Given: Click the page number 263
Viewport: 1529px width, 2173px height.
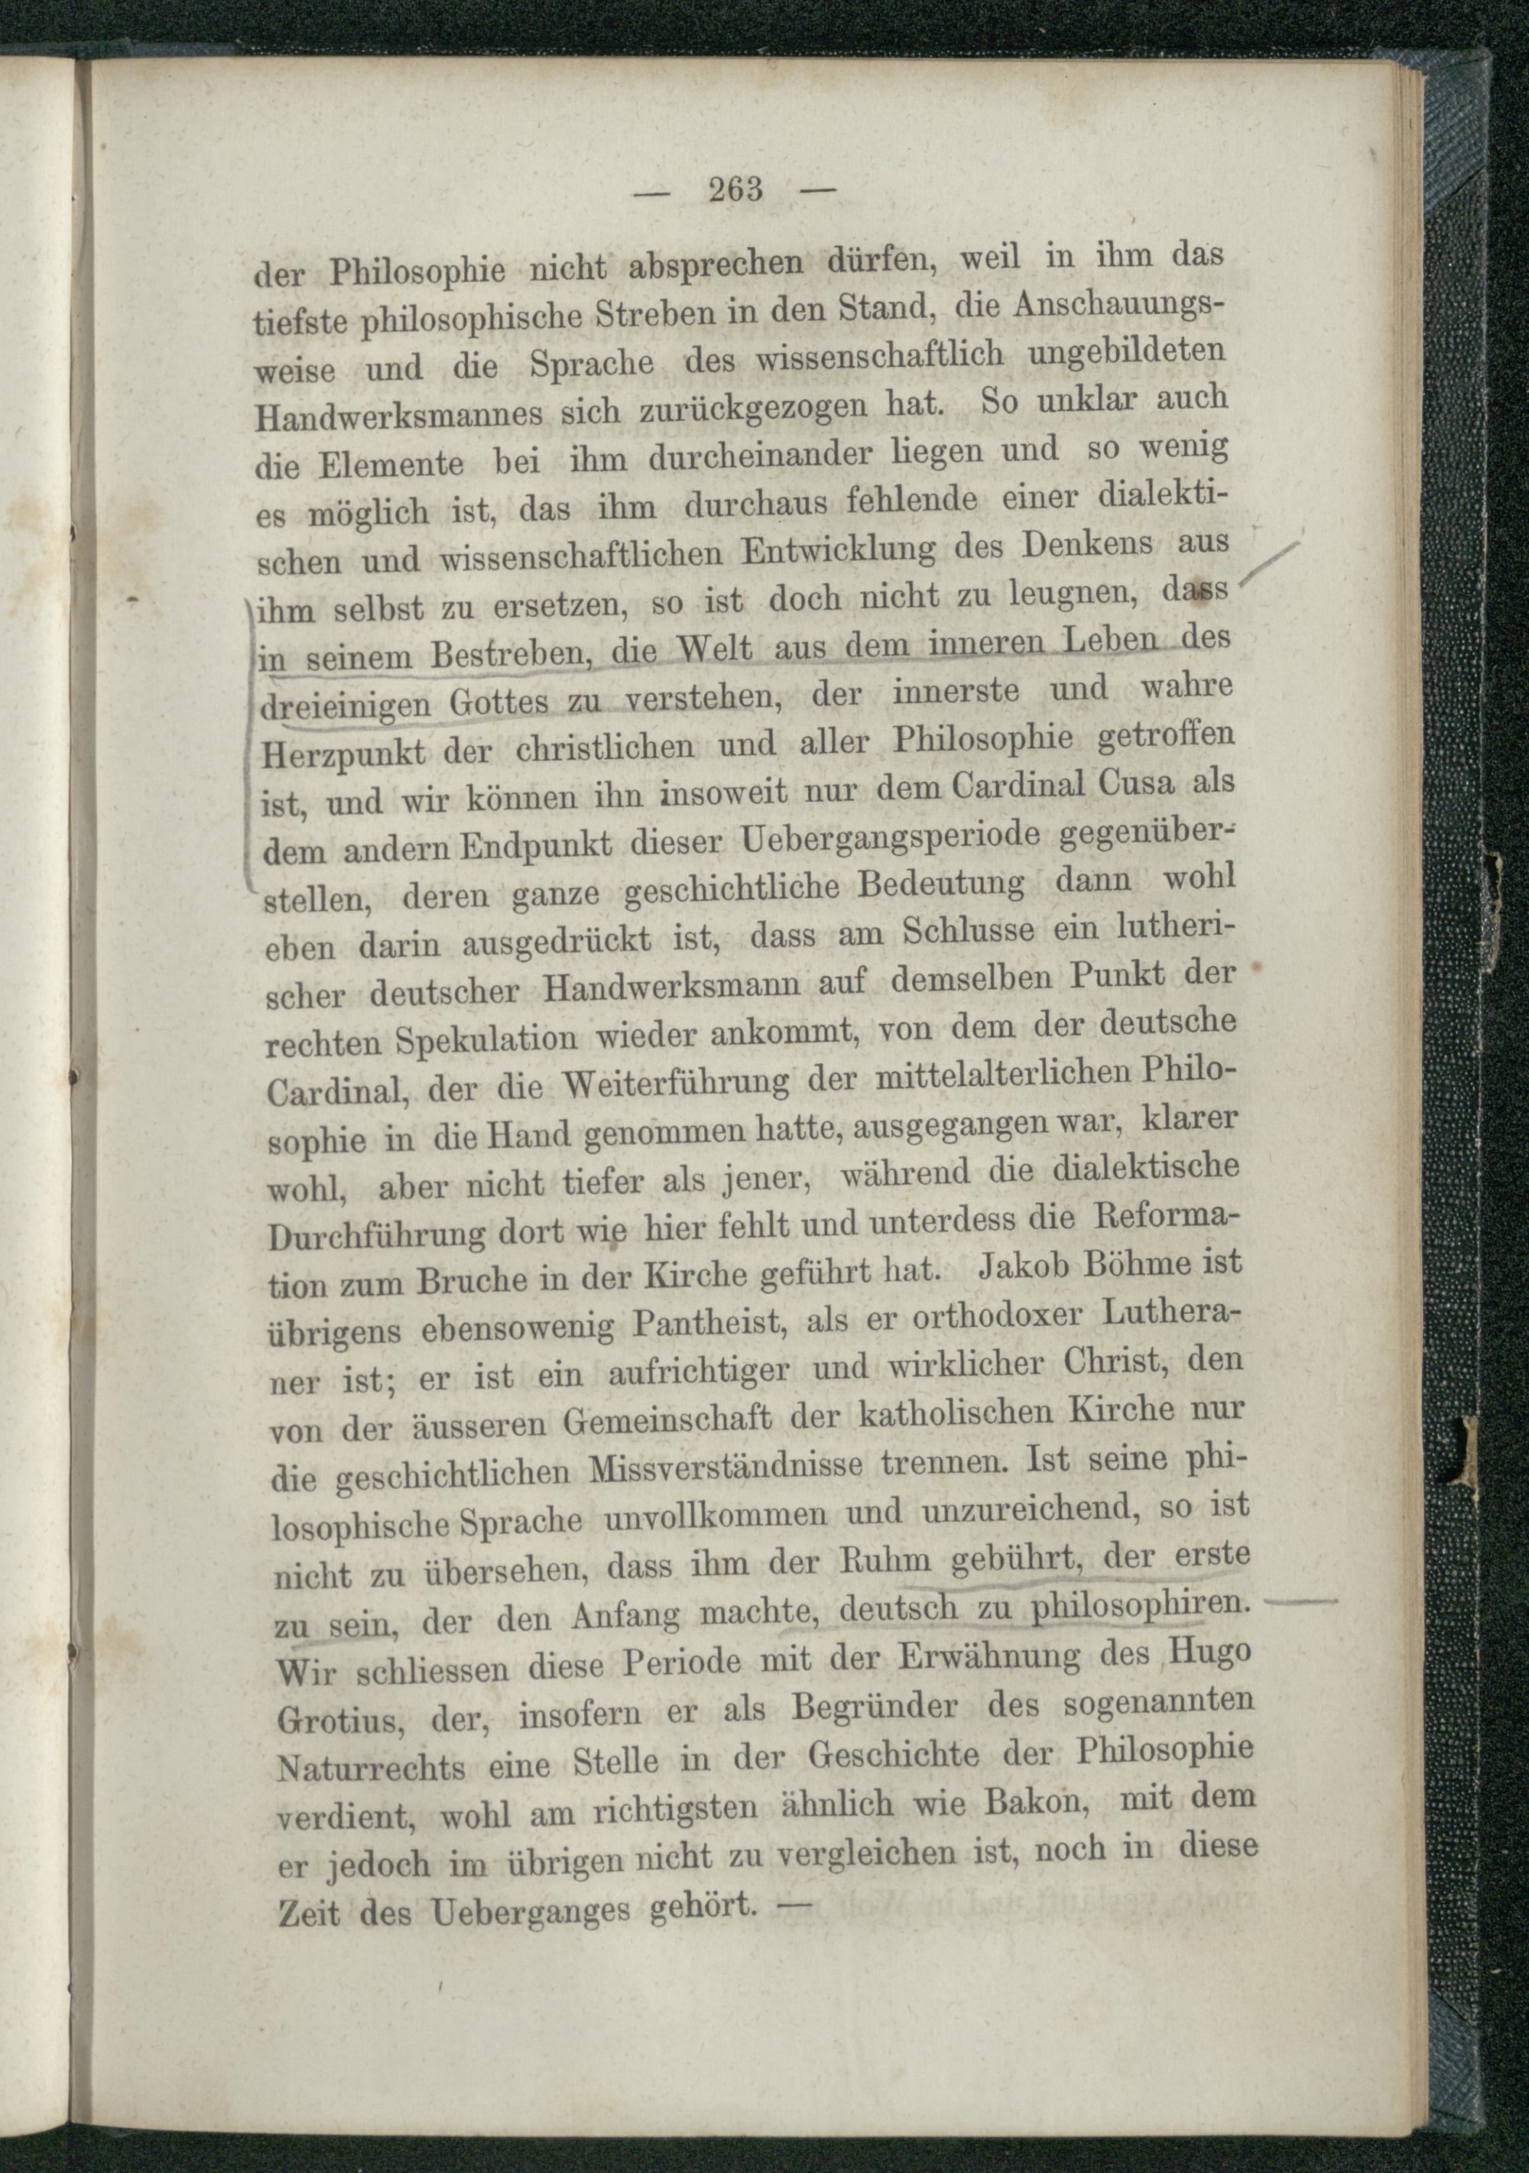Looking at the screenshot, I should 735,190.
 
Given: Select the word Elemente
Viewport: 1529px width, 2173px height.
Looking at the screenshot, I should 390,465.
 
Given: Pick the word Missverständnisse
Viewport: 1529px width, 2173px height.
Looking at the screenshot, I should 726,1470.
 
